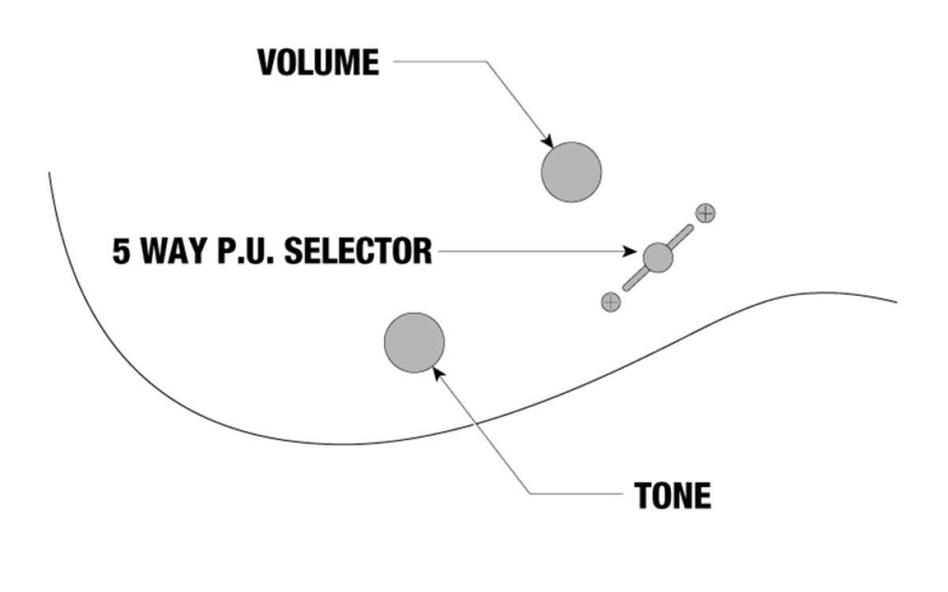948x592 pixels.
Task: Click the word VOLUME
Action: pos(318,62)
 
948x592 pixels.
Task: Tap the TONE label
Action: pos(672,495)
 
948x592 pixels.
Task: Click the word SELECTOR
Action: pos(358,251)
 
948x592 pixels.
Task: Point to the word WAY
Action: pos(174,251)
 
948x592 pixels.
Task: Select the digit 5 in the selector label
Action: pos(121,251)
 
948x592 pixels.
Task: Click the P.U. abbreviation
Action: pos(246,251)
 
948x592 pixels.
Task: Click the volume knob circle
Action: pos(571,172)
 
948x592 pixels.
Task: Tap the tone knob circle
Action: pos(414,343)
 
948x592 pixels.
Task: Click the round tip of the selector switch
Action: pos(657,257)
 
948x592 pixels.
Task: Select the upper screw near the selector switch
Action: pos(705,213)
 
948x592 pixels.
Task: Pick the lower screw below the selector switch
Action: pos(611,302)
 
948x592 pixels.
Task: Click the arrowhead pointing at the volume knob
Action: pos(548,141)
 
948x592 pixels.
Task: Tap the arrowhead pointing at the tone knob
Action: pos(438,374)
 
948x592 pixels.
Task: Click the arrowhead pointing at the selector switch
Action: pos(630,251)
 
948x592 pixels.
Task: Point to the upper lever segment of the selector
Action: pos(680,237)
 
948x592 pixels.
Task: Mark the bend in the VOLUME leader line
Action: pos(486,62)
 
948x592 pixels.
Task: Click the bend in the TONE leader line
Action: pos(530,493)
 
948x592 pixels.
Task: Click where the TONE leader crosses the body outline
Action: pos(476,422)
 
